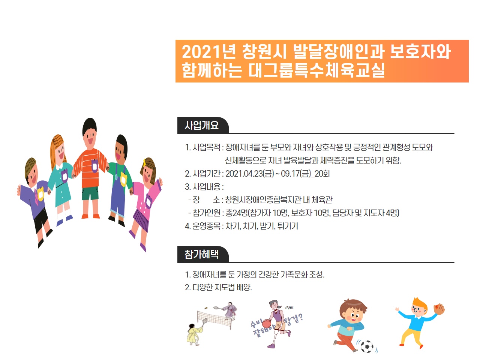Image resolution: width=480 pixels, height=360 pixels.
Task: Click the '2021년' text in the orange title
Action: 208,52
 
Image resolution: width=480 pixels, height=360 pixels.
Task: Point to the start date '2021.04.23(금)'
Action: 249,174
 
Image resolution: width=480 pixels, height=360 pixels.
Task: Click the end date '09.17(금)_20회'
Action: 306,174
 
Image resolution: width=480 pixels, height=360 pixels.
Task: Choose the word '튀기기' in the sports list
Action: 288,226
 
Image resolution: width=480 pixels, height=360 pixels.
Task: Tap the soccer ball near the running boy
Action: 367,346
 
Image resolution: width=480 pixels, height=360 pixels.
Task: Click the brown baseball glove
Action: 439,309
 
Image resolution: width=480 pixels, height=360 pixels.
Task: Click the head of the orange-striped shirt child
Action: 90,134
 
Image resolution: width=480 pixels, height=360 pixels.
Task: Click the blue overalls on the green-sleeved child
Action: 118,192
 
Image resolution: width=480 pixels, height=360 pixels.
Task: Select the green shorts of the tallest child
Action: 90,193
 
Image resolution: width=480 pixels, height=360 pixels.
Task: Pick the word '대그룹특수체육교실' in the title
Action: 316,70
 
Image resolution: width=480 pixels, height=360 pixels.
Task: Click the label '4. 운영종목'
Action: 202,226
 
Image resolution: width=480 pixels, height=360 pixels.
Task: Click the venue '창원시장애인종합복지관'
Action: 263,200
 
